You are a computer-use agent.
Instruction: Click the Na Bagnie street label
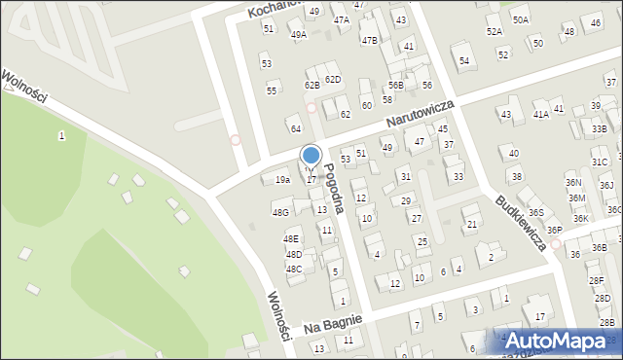332,322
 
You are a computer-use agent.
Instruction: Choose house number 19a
282,180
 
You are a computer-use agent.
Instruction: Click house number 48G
280,212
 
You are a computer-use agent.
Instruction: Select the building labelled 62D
333,79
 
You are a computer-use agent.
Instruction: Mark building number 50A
521,19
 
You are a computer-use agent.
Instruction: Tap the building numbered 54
464,61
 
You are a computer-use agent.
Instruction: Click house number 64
294,128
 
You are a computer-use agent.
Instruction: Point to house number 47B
369,40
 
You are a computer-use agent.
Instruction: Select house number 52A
495,32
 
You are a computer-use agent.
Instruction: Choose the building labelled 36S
535,212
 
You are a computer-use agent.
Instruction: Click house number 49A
298,34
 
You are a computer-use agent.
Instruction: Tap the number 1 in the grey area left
61,136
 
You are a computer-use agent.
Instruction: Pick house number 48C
294,269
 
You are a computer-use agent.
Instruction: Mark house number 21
472,225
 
